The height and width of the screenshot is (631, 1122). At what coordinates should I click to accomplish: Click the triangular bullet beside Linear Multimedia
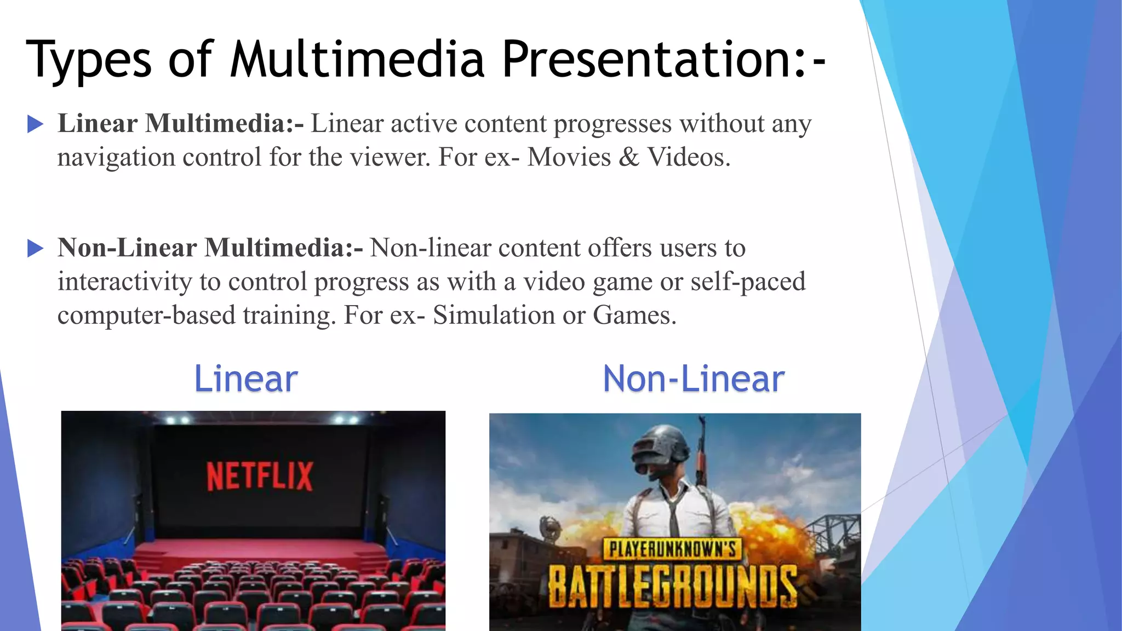click(x=35, y=124)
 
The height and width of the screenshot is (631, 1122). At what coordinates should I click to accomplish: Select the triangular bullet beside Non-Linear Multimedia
click(x=35, y=249)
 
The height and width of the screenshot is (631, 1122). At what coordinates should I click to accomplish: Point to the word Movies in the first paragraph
click(x=569, y=157)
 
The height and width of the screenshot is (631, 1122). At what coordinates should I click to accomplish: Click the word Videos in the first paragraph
click(x=689, y=157)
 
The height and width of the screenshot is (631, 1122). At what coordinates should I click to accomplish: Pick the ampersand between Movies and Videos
click(x=629, y=157)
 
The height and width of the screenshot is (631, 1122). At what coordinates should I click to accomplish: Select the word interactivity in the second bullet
click(x=124, y=282)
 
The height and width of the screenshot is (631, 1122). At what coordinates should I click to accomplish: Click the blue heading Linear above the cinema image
click(x=246, y=378)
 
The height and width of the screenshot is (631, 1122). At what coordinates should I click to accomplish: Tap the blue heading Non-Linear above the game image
click(x=694, y=378)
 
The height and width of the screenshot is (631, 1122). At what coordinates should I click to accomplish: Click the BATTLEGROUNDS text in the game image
click(x=673, y=587)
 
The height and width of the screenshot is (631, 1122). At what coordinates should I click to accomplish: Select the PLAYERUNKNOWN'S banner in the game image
click(x=673, y=549)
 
